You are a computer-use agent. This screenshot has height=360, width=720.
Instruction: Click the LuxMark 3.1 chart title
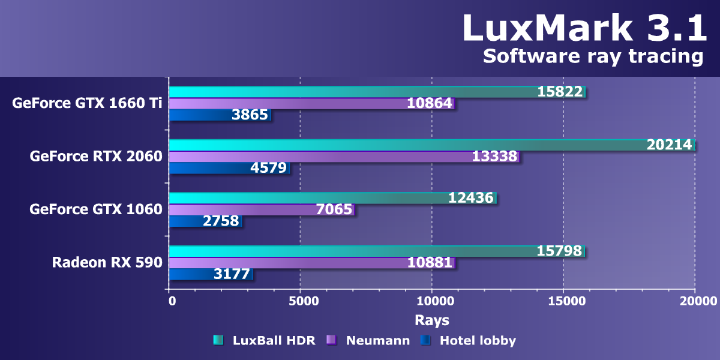(x=584, y=28)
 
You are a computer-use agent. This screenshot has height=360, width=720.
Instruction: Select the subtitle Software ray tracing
(x=593, y=56)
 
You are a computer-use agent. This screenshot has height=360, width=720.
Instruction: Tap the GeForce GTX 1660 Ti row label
(x=87, y=103)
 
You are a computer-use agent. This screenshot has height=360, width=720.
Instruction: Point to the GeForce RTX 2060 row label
(x=96, y=156)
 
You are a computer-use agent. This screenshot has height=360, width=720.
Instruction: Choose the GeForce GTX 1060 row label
(x=96, y=209)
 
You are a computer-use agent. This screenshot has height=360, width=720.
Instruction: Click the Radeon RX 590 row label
(x=107, y=262)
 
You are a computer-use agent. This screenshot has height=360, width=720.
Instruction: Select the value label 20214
(x=669, y=145)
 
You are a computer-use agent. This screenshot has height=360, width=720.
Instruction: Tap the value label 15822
(x=560, y=92)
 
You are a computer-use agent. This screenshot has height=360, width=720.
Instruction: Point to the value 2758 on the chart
(x=221, y=221)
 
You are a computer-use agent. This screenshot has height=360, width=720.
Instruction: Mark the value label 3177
(x=232, y=274)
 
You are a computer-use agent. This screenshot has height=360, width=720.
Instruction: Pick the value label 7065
(x=334, y=209)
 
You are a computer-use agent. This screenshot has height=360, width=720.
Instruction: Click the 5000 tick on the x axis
(x=300, y=301)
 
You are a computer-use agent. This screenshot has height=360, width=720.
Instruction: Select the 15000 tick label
(x=563, y=301)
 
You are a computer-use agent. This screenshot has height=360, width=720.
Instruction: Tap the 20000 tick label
(x=695, y=301)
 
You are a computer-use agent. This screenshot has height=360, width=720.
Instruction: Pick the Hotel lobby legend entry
(x=478, y=341)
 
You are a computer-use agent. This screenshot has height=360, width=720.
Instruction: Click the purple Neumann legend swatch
(x=331, y=341)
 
